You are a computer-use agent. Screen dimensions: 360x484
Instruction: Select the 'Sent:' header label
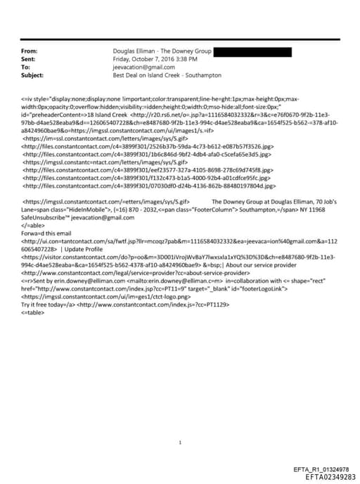30,59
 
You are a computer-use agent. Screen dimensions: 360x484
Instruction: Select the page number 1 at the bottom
181,423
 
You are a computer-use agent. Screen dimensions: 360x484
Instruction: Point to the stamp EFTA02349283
326,477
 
